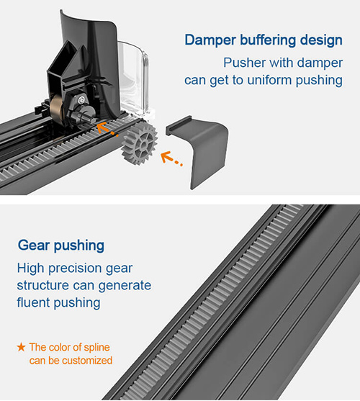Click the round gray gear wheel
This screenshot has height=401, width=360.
coord(140,144)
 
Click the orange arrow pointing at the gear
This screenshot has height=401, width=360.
coord(171,158)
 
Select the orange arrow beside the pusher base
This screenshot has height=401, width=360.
coord(107,129)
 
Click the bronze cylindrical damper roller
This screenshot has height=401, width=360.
coord(56,109)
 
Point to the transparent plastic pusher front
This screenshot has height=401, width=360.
coord(134,78)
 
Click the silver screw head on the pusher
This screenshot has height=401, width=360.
coord(81,100)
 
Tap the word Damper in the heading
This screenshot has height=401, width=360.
coord(210,40)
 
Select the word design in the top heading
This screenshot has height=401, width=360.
coord(321,40)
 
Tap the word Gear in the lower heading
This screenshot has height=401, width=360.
coord(34,245)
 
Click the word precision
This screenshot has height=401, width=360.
coord(75,269)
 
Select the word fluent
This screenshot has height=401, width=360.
coord(34,302)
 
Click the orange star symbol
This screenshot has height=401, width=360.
coord(21,347)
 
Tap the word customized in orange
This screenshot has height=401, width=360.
coord(87,361)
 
